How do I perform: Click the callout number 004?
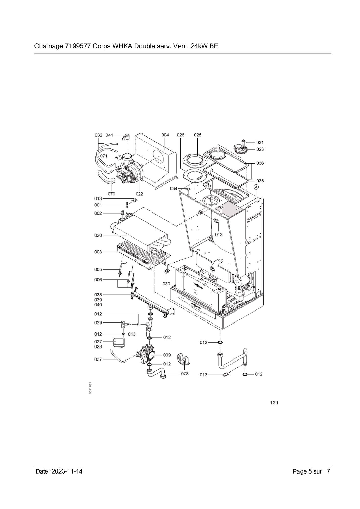[165, 135]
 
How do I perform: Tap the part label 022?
[139, 194]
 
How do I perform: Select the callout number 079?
[111, 194]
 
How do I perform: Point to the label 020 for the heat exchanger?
[98, 235]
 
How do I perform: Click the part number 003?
[98, 252]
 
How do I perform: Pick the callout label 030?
[166, 284]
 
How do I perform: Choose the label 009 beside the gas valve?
[167, 355]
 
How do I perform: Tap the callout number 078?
[185, 374]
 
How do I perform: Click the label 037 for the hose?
[98, 359]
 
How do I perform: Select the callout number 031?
[260, 143]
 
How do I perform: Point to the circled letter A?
[257, 187]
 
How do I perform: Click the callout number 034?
[174, 189]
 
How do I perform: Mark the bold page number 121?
[274, 403]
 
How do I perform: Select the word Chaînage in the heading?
[48, 47]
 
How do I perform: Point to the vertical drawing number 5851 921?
[91, 388]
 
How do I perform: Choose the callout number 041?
[109, 135]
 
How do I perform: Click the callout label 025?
[198, 135]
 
